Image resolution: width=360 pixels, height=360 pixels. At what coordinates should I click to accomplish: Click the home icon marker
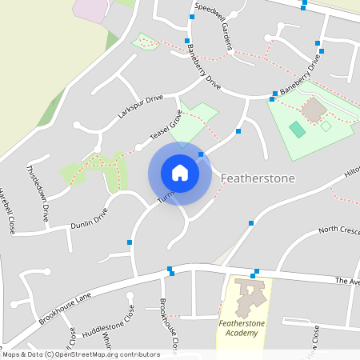coord(179,173)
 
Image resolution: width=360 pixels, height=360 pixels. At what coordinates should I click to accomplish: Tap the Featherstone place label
coord(258,178)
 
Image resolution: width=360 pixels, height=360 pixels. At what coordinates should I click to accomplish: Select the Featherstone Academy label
coord(241,328)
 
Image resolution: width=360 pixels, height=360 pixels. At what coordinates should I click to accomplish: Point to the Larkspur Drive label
coord(140,107)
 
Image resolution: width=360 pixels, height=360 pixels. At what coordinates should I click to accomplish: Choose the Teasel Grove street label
coord(166,123)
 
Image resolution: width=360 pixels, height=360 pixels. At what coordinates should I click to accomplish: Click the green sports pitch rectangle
coord(297,128)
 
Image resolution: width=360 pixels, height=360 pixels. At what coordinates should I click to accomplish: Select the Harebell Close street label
coord(7,212)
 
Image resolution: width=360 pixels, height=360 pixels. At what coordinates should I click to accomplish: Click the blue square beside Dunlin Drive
coord(130,242)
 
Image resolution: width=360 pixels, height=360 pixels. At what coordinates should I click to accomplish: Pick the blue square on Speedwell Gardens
coord(193,16)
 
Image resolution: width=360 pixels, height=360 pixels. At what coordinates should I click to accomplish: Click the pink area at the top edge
coord(92,8)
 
